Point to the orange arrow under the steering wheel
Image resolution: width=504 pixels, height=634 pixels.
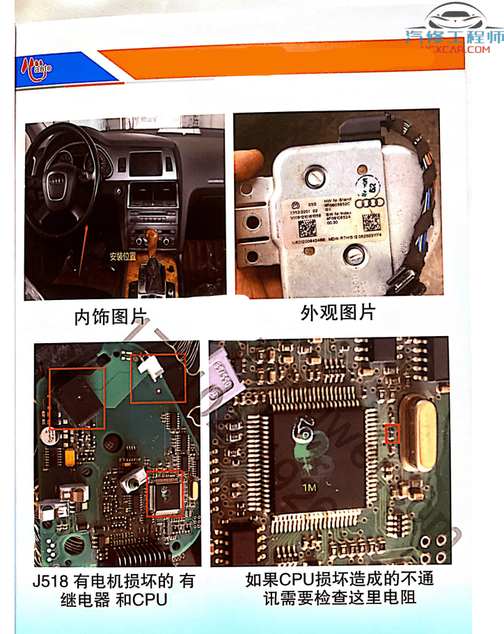(83, 229)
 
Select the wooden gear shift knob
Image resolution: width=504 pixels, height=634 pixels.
(153, 241)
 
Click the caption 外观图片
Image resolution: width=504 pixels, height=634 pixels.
(338, 313)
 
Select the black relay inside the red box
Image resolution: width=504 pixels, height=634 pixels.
(77, 397)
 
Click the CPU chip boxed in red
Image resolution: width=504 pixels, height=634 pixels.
(164, 493)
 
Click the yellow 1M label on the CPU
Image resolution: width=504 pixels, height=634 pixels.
(308, 488)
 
